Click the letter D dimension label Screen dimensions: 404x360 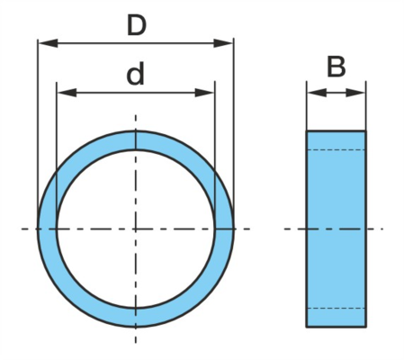137,26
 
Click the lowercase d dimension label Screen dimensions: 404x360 135,74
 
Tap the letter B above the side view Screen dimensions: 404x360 336,67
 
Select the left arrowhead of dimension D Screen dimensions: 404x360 48,43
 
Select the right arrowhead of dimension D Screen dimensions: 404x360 223,43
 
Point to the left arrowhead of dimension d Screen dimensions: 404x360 67,93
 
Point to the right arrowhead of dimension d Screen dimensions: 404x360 204,93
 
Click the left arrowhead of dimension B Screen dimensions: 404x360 317,93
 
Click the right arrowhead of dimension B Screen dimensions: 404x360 355,93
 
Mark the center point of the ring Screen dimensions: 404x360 136,229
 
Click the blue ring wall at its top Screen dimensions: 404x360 136,140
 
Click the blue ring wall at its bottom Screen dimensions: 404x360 136,318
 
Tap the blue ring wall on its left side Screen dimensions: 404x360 47,229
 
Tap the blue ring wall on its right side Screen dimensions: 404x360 224,229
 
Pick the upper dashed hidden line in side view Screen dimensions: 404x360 336,149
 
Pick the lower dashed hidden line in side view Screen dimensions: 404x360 336,308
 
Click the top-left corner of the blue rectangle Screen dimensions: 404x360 307,131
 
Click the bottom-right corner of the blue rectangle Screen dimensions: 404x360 365,327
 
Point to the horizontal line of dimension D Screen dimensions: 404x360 136,43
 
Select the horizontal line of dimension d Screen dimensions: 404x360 136,93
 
